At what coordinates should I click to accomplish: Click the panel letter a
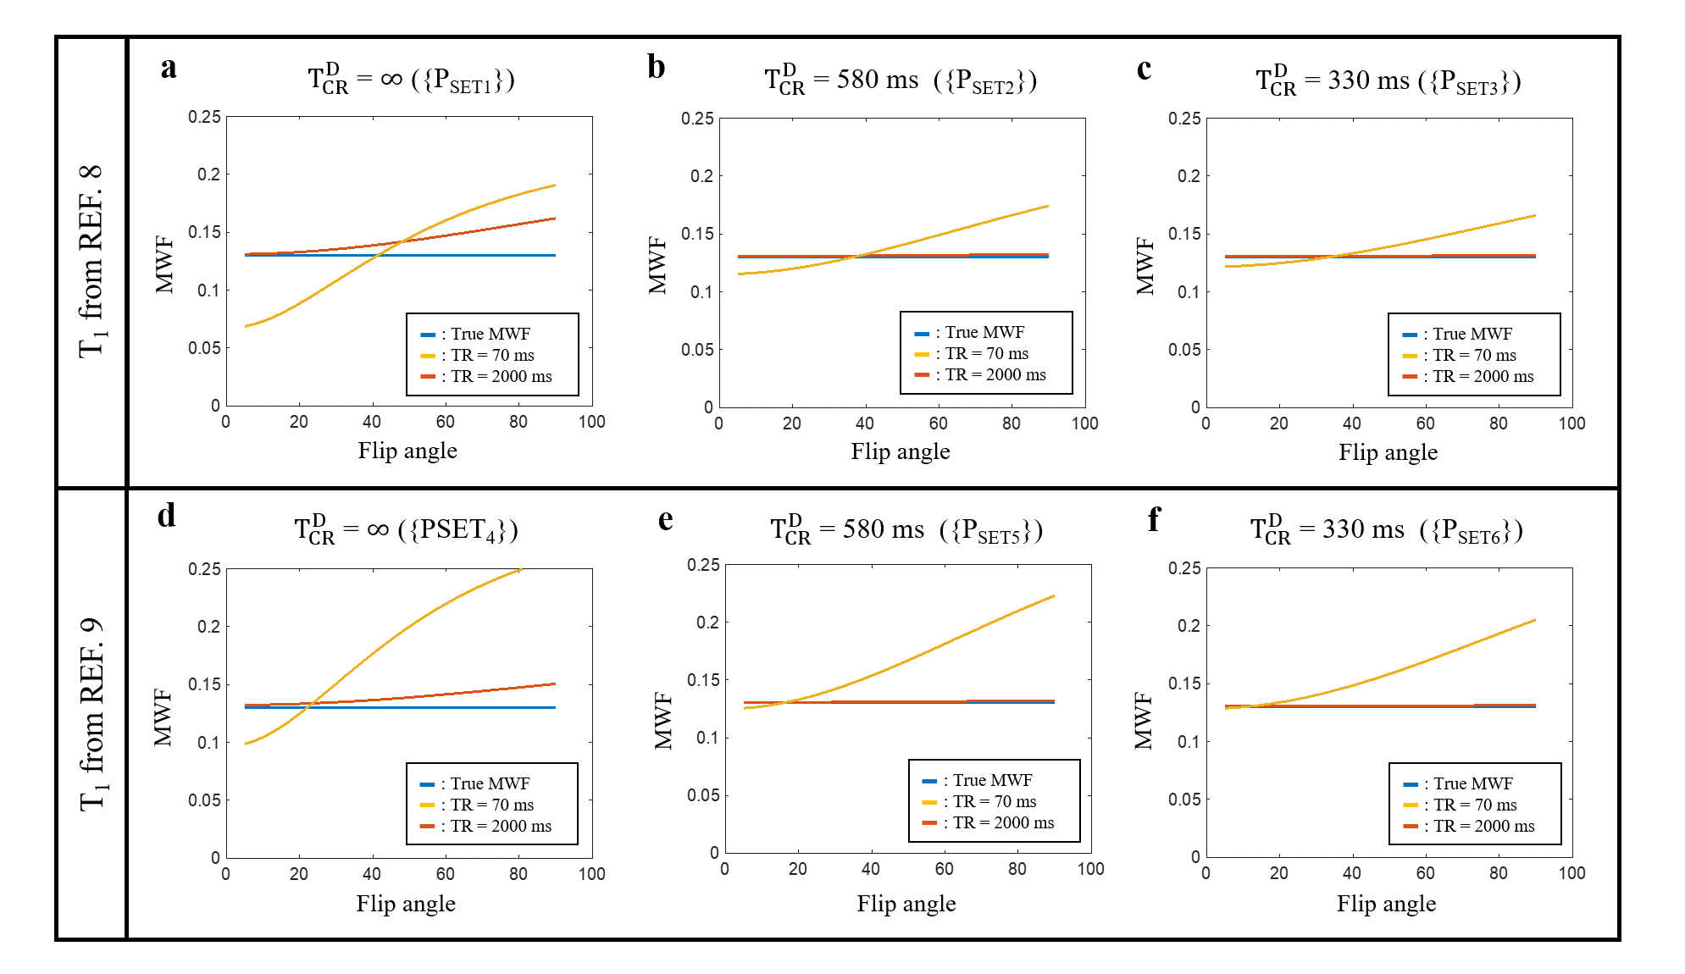coord(169,68)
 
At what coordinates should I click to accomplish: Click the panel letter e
coord(666,519)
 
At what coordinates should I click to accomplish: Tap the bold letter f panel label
coord(1153,518)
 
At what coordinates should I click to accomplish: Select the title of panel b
coord(900,80)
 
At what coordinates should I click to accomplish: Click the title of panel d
coord(406,530)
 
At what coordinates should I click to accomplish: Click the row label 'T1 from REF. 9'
coord(91,713)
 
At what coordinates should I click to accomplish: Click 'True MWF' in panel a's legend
coord(491,334)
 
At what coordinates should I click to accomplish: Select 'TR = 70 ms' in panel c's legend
coord(1474,355)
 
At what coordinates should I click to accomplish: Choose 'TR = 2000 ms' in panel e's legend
coord(1003,822)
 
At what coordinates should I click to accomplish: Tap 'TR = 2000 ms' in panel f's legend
coord(1483,826)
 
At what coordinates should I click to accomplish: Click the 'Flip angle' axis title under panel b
coord(900,451)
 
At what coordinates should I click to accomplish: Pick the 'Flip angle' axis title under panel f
coord(1386,904)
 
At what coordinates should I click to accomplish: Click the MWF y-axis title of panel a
coord(164,264)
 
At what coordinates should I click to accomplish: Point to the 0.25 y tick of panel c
coord(1183,119)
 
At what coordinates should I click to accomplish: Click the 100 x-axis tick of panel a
coord(591,422)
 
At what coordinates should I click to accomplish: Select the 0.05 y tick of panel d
coord(204,800)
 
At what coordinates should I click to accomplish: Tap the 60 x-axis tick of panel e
coord(944,869)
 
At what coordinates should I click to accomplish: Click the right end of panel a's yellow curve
coord(555,185)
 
